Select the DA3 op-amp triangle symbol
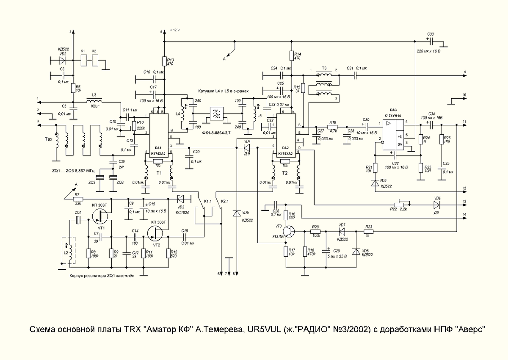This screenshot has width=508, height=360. point(393,133)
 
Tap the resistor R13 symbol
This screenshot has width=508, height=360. point(164,62)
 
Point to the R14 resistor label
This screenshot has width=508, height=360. point(298,56)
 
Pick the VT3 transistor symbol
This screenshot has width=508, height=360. point(290,232)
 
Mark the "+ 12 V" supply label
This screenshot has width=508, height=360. point(176,30)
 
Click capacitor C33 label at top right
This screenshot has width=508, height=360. point(431,33)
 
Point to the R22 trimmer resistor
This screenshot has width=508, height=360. point(400,204)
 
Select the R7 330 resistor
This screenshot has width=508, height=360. point(77,198)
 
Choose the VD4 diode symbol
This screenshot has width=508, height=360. point(245,147)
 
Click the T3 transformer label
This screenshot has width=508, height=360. point(324,68)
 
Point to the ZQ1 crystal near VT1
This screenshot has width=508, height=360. point(78,220)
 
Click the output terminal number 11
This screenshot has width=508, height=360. point(464,122)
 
